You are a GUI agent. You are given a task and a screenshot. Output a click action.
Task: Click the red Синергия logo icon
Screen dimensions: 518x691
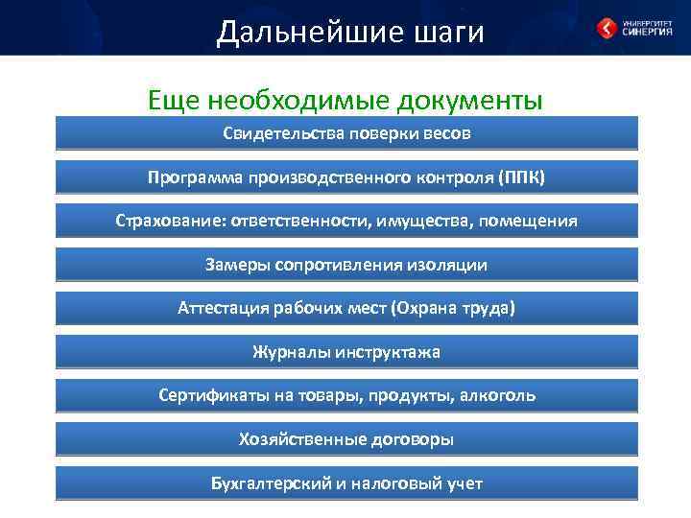(x=607, y=29)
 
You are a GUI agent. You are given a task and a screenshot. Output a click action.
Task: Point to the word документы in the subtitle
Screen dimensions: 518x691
(x=467, y=100)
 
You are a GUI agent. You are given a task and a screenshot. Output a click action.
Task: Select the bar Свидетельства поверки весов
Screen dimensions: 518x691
(x=346, y=133)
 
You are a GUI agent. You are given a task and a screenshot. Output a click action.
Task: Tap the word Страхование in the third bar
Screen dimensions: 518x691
(x=167, y=221)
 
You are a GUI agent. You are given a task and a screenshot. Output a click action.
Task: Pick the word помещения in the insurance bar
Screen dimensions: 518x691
(x=530, y=221)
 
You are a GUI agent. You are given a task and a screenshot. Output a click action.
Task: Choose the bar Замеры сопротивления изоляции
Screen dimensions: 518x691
(x=346, y=265)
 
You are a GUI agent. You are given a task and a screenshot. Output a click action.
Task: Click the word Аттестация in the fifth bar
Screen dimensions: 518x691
(x=222, y=308)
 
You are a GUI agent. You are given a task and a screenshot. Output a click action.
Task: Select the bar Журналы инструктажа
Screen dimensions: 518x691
(x=346, y=352)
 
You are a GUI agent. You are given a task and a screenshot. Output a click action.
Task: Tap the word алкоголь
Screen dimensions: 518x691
(x=497, y=395)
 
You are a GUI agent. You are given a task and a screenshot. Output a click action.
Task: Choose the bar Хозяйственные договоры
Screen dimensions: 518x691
(x=346, y=439)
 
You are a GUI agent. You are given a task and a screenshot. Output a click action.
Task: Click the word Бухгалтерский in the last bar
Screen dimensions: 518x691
(x=271, y=483)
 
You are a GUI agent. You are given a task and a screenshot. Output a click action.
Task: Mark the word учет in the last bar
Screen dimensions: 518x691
(x=461, y=483)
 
